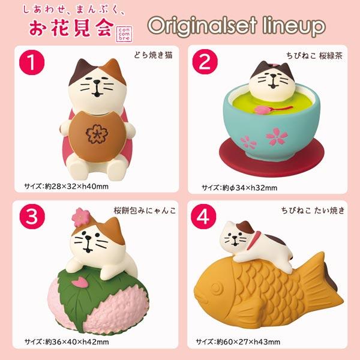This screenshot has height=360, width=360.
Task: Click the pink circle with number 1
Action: click(32, 62)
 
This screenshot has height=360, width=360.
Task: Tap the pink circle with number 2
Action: click(205, 62)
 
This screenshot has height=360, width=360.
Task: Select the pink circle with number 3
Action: click(32, 217)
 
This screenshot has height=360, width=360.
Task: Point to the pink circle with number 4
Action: click(203, 217)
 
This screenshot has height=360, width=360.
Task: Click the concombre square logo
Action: click(124, 34)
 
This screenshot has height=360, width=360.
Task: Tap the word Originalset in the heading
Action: click(202, 26)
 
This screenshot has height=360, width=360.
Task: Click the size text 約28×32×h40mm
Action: click(76, 187)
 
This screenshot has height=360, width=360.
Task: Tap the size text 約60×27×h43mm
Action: click(248, 342)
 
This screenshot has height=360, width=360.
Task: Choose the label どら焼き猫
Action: click(153, 55)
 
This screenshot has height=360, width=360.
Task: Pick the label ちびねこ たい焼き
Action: click(313, 211)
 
